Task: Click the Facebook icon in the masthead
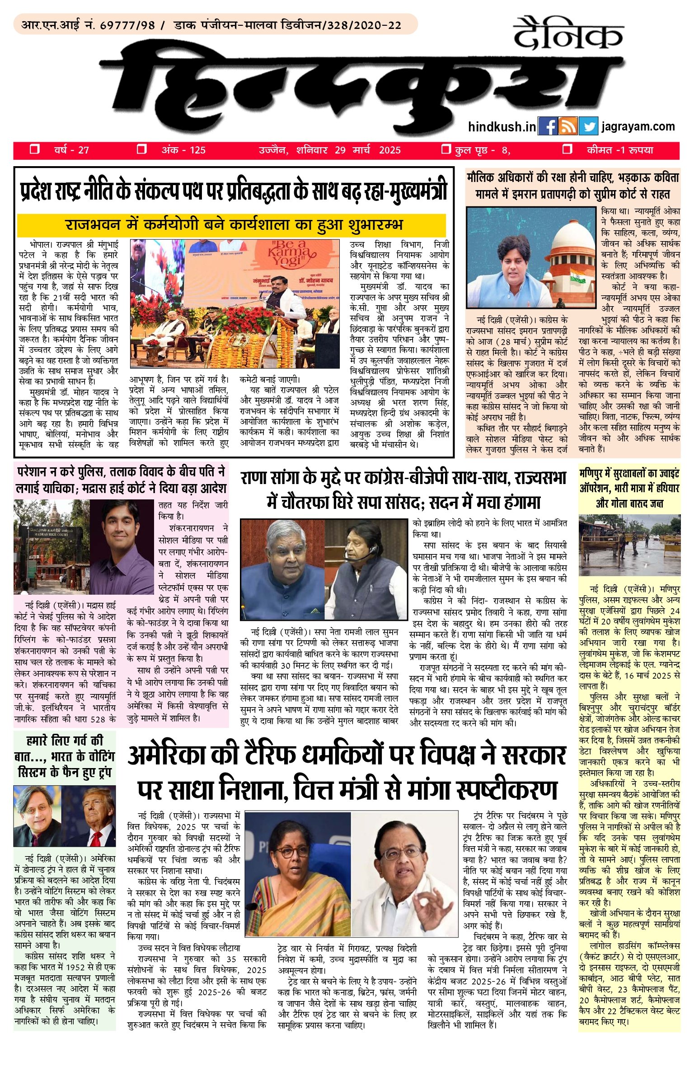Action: point(548,126)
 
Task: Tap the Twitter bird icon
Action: point(588,126)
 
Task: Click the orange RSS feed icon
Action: point(568,126)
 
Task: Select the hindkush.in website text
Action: point(502,127)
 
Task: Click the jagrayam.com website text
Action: point(638,126)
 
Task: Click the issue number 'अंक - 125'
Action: point(183,150)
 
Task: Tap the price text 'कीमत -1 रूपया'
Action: point(620,150)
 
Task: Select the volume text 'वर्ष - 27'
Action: point(71,150)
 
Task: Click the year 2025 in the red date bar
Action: point(389,150)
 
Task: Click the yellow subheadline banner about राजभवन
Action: point(231,225)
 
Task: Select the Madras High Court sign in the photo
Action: point(51,534)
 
